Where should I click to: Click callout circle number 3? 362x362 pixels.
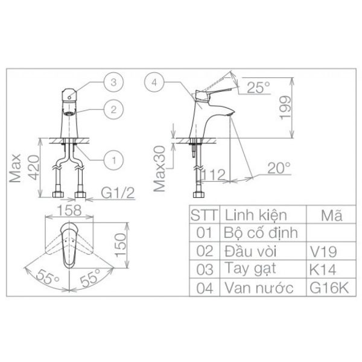coord(113,82)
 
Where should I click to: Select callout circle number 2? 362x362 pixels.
coord(113,109)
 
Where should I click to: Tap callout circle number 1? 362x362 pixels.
coord(113,160)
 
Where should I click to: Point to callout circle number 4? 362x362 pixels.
coord(154,82)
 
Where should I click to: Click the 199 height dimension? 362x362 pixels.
coord(285,108)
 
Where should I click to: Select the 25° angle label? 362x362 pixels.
coord(258,87)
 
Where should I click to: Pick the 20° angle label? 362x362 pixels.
coord(279,168)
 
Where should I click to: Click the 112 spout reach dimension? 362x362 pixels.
coord(213,174)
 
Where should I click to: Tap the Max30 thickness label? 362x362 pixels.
coord(159,169)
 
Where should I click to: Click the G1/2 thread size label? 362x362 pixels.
coord(118,193)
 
